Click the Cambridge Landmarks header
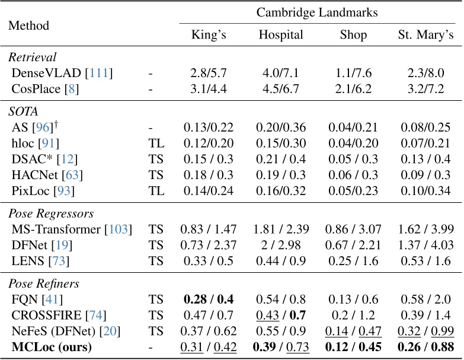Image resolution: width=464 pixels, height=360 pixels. click(x=316, y=12)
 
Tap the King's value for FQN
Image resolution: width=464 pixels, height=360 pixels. click(x=208, y=301)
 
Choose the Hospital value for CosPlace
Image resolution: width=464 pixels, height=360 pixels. click(x=280, y=89)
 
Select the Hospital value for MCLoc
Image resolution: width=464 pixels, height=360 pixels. click(x=280, y=347)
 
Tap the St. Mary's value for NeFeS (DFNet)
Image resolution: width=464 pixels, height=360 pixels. click(x=425, y=332)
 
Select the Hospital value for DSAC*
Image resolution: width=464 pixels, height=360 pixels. click(x=280, y=159)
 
